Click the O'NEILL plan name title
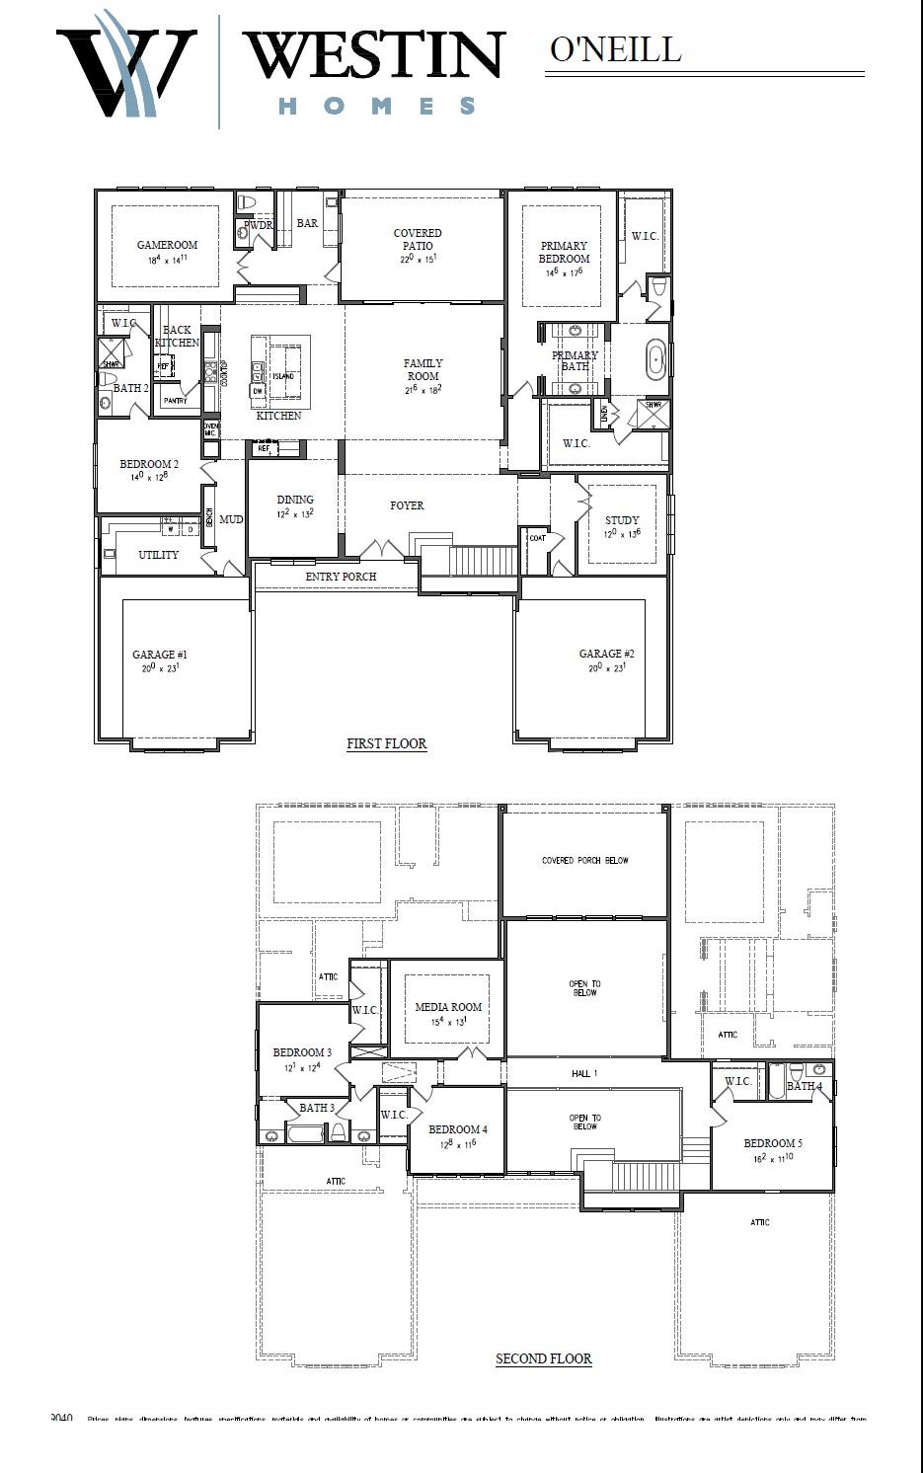615,49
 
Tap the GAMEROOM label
167,245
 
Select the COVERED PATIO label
418,240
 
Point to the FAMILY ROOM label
423,369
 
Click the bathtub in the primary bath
655,359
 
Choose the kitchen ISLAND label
282,376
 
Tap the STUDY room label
622,520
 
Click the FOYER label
407,505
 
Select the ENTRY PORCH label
341,577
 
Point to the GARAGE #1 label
160,655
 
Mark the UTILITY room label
158,555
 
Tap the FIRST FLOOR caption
386,743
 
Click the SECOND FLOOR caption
543,1358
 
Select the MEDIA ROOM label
448,1007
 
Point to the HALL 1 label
583,1073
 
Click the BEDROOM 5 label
772,1143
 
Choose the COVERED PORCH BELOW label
584,860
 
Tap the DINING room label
295,500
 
